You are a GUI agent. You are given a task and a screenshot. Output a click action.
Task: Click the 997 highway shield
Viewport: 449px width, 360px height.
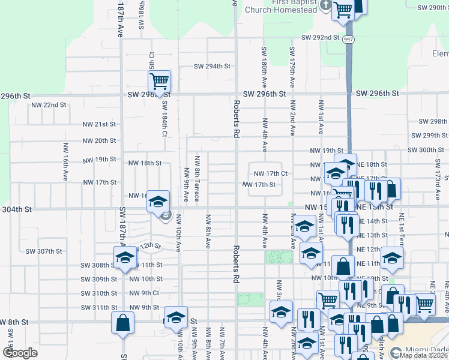349,39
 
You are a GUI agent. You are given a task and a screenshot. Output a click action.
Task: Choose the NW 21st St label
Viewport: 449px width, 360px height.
98,124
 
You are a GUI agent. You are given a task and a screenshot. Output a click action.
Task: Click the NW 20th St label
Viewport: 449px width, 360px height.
98,140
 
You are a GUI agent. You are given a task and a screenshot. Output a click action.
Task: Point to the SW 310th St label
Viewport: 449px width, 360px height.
99,293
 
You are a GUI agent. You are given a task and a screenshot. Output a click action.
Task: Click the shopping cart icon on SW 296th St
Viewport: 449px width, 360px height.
160,80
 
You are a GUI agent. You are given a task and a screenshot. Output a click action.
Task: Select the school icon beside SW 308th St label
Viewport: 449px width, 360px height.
125,258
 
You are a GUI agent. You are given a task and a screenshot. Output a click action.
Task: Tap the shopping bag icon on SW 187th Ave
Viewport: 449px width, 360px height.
122,323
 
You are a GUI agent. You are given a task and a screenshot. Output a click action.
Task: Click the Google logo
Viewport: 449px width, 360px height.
20,352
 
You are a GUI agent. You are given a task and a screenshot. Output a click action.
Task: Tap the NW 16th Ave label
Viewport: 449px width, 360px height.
65,161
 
